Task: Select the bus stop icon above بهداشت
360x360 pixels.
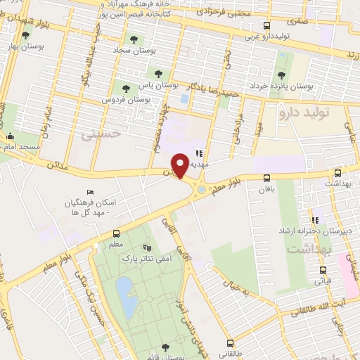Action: tap(337, 173)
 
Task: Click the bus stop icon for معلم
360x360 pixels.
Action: tap(116, 234)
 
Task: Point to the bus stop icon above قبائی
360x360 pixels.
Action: tap(323, 269)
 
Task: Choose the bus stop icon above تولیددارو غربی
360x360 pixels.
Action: tap(266, 26)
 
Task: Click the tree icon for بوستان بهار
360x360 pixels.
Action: tap(26, 35)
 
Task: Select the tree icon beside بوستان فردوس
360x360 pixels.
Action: tap(126, 89)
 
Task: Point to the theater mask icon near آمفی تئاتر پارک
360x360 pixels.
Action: tap(146, 247)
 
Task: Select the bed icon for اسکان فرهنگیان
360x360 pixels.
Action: tap(89, 192)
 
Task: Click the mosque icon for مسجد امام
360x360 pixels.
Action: tap(9, 137)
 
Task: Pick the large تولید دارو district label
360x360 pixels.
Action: tap(309, 111)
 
